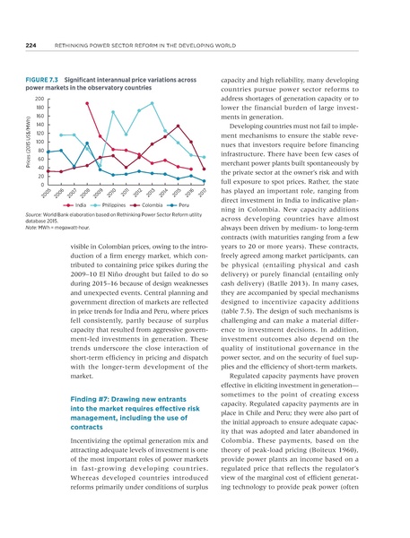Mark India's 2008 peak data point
coord(87,104)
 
